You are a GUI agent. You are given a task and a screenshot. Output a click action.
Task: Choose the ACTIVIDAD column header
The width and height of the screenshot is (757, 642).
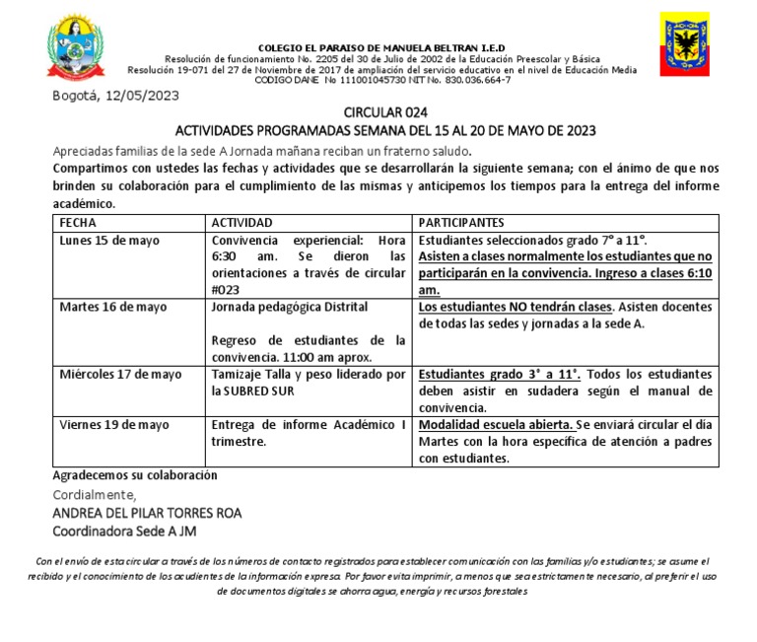pyautogui.click(x=241, y=223)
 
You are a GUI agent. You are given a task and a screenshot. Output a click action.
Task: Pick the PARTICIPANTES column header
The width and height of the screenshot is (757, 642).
pyautogui.click(x=461, y=223)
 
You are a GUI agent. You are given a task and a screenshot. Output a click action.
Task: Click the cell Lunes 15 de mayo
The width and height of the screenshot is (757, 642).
pyautogui.click(x=109, y=240)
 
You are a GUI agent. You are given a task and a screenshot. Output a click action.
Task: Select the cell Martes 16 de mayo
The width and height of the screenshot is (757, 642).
pyautogui.click(x=113, y=307)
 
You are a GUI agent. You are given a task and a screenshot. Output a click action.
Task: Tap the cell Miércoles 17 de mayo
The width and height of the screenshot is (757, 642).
pyautogui.click(x=120, y=374)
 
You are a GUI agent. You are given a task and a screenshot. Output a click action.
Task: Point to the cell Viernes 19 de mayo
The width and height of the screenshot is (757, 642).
pyautogui.click(x=113, y=424)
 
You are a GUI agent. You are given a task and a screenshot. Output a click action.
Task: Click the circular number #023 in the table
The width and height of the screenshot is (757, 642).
pyautogui.click(x=229, y=290)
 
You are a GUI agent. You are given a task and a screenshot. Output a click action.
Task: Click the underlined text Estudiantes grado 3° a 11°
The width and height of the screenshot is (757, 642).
pyautogui.click(x=500, y=374)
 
